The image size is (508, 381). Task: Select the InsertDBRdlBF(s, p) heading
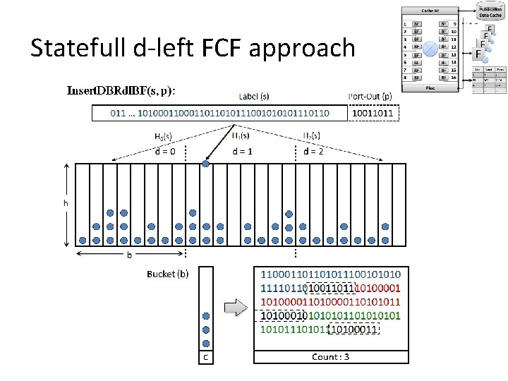coord(121,90)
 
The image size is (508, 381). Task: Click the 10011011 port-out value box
coord(373,112)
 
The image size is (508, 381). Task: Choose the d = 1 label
coord(243,151)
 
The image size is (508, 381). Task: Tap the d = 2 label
coord(313,151)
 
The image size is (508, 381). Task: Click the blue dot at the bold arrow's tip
coord(205,164)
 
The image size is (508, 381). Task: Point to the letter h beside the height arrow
coord(67,202)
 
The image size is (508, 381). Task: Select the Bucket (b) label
coord(167,274)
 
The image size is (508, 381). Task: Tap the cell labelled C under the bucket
coord(205,357)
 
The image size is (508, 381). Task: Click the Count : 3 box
coord(331,357)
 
